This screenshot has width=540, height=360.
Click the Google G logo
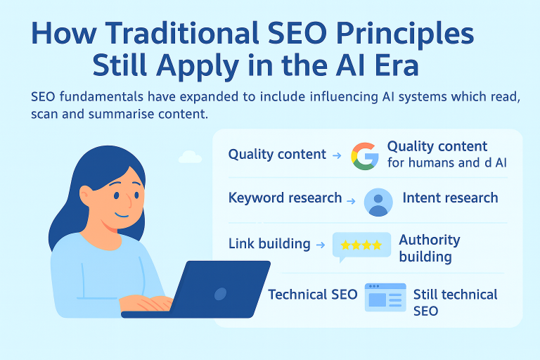(x=365, y=156)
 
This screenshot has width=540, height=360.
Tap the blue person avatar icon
(x=378, y=201)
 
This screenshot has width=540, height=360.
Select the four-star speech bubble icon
(x=361, y=246)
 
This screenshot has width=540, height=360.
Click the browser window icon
(x=385, y=297)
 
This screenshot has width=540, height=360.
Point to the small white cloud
(x=191, y=157)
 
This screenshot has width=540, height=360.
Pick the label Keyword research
(x=285, y=198)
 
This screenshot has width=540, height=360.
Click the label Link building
(x=269, y=244)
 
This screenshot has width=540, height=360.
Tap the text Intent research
(x=450, y=198)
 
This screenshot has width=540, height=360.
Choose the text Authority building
(x=429, y=248)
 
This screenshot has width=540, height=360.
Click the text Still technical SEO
(x=455, y=302)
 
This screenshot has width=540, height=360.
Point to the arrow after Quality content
(x=336, y=155)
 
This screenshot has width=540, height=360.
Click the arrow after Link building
(x=320, y=245)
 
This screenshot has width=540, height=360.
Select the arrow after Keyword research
(x=351, y=200)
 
